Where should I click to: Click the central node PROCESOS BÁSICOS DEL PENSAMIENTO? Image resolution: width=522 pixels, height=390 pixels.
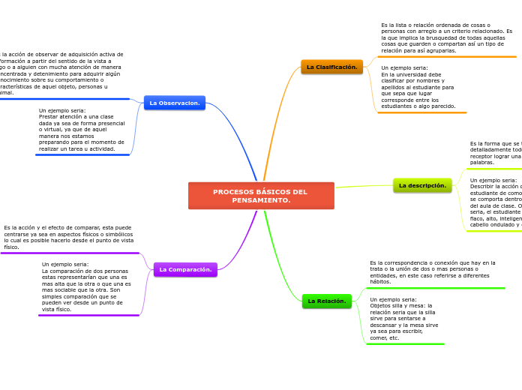pyautogui.click(x=261, y=196)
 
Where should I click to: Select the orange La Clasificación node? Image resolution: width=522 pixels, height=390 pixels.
pyautogui.click(x=331, y=67)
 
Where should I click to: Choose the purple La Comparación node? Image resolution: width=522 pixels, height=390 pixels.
pyautogui.click(x=185, y=269)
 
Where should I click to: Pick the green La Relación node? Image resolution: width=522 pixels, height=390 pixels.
pyautogui.click(x=326, y=301)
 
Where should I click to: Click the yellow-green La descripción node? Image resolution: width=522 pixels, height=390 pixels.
pyautogui.click(x=422, y=185)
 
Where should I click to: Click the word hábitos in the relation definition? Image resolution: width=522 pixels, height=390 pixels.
pyautogui.click(x=380, y=282)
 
